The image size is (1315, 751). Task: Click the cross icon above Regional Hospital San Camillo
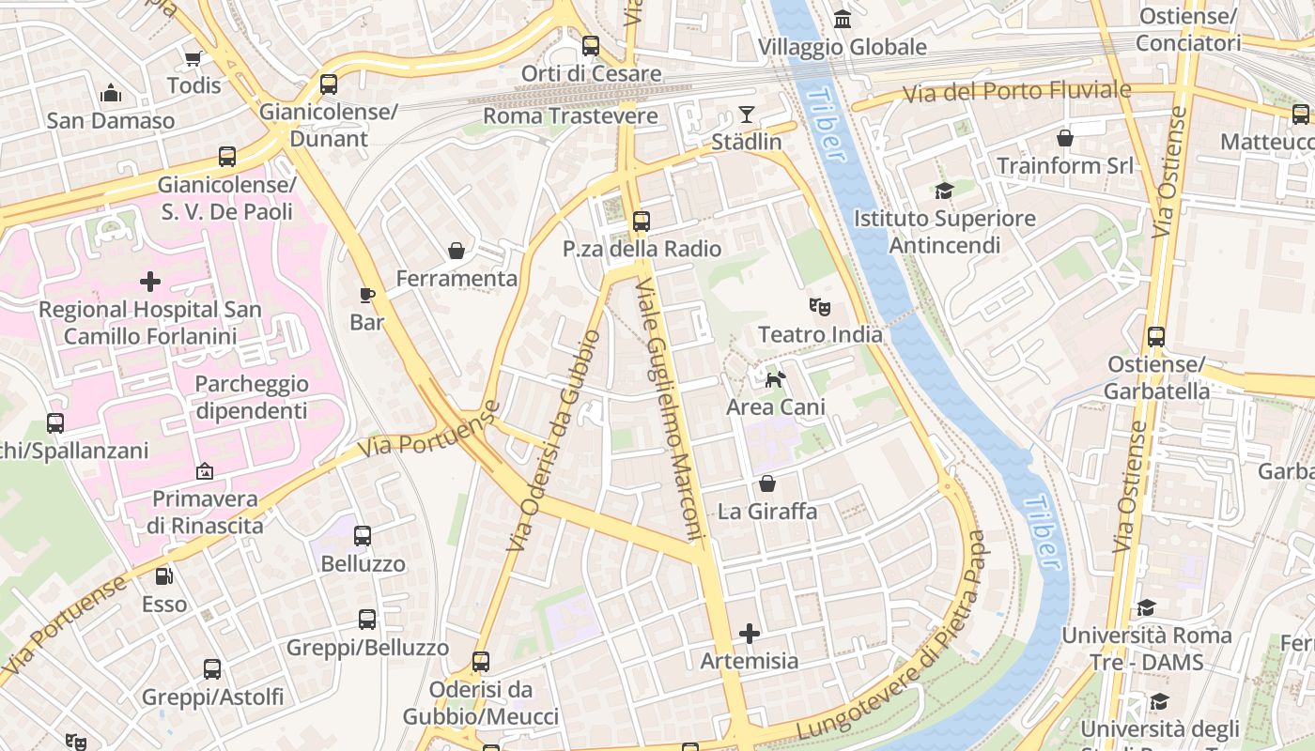click(150, 282)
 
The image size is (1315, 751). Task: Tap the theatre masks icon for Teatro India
click(820, 306)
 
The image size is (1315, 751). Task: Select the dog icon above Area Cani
click(776, 379)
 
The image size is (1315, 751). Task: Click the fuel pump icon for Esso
click(164, 575)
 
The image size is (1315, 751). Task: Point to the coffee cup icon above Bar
click(367, 295)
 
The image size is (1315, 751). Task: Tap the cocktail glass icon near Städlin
click(747, 115)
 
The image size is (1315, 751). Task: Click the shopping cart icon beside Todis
click(193, 59)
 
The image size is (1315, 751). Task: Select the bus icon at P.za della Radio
click(642, 222)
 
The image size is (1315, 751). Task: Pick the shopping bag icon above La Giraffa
click(767, 484)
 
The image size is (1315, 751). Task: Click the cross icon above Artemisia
click(750, 634)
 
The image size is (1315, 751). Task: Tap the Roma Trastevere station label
click(570, 116)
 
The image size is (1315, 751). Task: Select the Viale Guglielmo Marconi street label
click(670, 410)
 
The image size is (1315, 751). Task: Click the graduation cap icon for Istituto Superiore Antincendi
click(944, 192)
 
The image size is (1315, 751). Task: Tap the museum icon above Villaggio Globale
click(843, 20)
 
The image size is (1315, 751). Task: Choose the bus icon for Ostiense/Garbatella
click(1156, 337)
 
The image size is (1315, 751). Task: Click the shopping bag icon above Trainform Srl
click(1065, 139)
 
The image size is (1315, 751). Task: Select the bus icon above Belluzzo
click(363, 536)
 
